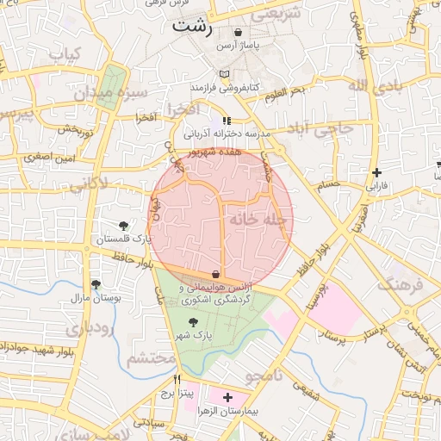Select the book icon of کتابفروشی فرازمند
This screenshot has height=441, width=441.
(x=225, y=75)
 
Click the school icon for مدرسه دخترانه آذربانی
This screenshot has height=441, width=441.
(x=227, y=121)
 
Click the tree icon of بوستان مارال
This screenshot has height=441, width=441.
(x=96, y=284)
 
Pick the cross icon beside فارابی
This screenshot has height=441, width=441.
(x=376, y=172)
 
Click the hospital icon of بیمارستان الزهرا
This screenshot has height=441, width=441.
(x=227, y=397)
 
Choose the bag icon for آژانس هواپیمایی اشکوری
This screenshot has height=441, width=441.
(x=214, y=274)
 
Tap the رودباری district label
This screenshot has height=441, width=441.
(x=89, y=328)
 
